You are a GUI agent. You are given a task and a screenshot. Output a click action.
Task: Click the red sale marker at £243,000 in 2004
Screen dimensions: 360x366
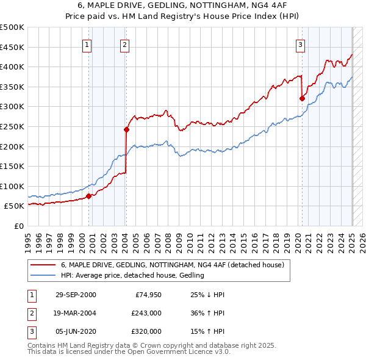(126, 129)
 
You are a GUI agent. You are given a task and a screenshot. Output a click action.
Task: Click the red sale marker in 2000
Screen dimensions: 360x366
(88, 196)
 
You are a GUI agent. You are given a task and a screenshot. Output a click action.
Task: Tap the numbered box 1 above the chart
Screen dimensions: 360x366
(87, 44)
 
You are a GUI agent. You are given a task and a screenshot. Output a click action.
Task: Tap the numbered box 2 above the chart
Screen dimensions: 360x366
(124, 44)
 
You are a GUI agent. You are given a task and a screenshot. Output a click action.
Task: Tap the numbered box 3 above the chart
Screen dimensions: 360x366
(301, 44)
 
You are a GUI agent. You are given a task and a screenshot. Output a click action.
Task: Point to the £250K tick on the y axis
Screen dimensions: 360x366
(13, 126)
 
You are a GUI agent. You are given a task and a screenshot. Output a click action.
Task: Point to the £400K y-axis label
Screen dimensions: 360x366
(13, 67)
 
